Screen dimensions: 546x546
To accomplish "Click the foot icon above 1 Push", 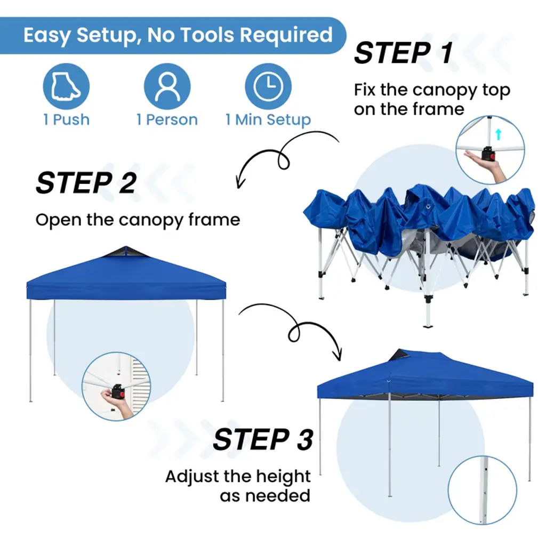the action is pos(66,86).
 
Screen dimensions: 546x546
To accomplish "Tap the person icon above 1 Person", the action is pos(167,86).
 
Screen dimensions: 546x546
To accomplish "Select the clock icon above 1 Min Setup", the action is pos(268,86).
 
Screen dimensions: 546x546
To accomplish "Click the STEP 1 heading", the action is pos(403,53).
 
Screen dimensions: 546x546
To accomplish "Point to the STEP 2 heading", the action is pos(86,183).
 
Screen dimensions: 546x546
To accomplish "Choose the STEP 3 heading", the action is pos(263,439).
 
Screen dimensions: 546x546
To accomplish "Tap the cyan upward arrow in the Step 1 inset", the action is pos(499,134).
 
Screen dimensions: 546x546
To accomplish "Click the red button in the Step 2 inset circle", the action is pos(122,395).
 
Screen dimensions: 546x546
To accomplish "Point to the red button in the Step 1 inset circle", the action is pos(492,156).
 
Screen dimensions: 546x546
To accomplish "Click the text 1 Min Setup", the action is pos(268,120).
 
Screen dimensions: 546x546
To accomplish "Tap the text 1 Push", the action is pos(66,120).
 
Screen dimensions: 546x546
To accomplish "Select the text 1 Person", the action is pos(167,120).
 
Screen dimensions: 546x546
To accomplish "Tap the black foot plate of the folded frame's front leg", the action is pos(428,326).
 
